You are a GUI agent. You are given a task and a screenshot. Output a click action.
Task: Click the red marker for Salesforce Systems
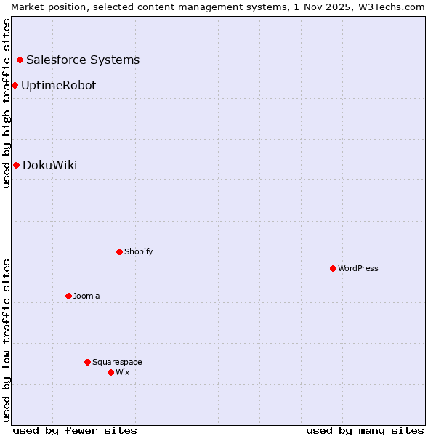click(20, 60)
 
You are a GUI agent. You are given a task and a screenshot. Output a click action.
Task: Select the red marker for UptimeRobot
click(15, 86)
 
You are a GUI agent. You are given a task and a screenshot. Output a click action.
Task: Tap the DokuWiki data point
click(16, 166)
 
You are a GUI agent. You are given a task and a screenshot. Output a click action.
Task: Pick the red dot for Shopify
click(119, 252)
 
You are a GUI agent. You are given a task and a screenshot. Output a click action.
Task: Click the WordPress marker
click(333, 269)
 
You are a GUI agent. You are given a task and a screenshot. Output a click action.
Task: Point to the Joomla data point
click(68, 296)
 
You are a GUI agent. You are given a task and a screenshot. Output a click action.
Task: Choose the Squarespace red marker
click(87, 363)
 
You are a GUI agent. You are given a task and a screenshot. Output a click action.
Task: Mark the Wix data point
click(110, 373)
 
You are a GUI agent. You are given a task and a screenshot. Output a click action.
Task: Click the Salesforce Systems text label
click(83, 60)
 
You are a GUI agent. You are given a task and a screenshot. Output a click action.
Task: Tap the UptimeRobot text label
click(58, 86)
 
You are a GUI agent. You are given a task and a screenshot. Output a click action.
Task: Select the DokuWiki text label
click(49, 166)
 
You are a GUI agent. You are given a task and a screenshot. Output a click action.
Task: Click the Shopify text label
click(138, 252)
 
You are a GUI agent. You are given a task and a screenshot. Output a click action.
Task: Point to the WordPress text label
click(358, 269)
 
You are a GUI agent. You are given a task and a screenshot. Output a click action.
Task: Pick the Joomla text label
click(86, 296)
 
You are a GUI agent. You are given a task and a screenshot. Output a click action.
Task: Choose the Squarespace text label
click(117, 363)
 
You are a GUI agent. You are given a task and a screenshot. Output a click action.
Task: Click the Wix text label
click(122, 373)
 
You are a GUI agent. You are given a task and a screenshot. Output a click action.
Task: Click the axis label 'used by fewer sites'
click(75, 430)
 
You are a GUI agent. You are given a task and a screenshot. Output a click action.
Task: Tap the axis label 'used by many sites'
click(365, 430)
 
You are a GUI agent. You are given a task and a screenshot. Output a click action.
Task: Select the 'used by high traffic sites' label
click(7, 103)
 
